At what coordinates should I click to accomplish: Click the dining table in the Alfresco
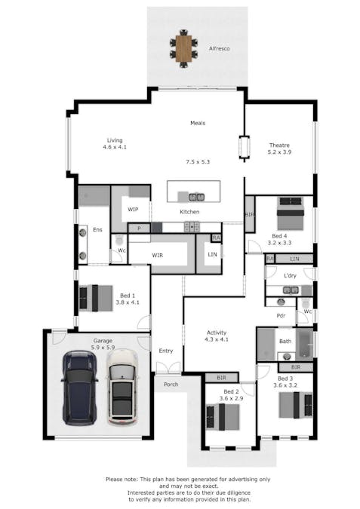(x=184, y=46)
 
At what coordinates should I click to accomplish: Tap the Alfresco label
(x=220, y=48)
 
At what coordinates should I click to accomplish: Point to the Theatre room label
(x=280, y=146)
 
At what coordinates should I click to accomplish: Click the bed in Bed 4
(x=291, y=213)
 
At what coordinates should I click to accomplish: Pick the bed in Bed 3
(x=291, y=404)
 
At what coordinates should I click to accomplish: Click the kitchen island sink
(x=192, y=198)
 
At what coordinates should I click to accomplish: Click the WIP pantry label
(x=133, y=210)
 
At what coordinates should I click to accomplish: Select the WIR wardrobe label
(x=157, y=256)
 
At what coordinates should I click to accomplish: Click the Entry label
(x=166, y=351)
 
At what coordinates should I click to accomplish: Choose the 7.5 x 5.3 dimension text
(x=197, y=161)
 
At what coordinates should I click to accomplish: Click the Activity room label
(x=217, y=333)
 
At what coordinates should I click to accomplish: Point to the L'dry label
(x=290, y=275)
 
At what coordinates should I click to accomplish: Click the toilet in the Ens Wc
(x=119, y=244)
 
